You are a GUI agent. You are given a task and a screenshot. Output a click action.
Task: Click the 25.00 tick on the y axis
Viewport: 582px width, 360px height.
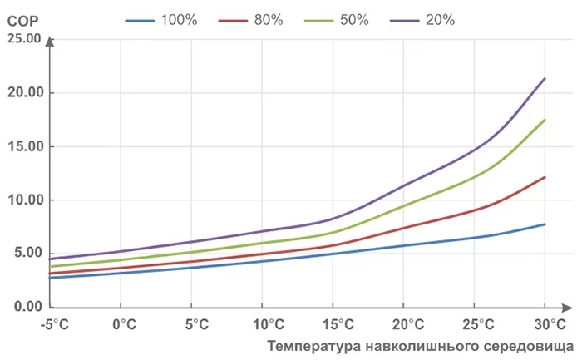tap(23, 38)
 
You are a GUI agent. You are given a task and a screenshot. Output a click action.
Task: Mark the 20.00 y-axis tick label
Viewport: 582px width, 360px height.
tap(23, 92)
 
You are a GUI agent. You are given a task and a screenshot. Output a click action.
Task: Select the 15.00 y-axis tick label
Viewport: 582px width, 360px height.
tap(23, 146)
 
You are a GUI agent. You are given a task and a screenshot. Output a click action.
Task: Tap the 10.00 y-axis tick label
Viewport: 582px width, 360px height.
tap(23, 200)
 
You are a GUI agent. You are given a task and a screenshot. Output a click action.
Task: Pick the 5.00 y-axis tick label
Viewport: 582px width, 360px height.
tap(27, 254)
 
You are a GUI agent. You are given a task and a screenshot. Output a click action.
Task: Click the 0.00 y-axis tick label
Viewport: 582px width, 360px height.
tap(27, 308)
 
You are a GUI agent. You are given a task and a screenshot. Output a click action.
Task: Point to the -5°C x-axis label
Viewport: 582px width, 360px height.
tap(51, 323)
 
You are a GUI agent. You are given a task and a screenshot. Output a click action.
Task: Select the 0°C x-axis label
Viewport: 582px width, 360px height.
tap(122, 323)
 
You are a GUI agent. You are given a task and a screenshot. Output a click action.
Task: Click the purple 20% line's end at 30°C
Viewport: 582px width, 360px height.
tap(545, 78)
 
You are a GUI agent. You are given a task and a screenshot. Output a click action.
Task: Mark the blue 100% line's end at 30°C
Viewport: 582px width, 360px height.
tap(545, 224)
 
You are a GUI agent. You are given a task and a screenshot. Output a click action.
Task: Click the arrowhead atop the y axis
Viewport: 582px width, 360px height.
tap(51, 41)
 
